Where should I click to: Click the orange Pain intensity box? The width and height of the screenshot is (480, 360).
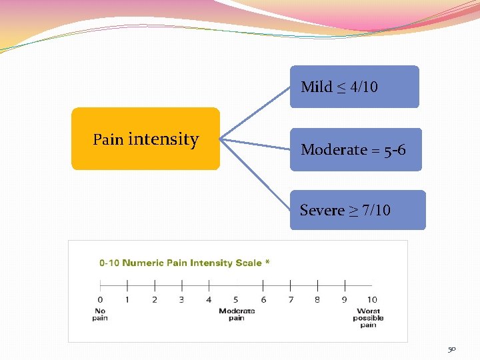tap(145, 139)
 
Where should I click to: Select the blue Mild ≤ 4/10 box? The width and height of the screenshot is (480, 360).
tap(354, 87)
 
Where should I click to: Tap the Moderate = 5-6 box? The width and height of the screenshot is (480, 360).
tap(355, 149)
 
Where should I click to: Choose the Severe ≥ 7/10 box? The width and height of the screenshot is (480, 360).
tap(357, 210)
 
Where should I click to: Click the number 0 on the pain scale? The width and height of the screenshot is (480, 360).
tap(100, 300)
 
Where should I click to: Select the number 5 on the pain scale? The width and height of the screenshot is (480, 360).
tap(236, 300)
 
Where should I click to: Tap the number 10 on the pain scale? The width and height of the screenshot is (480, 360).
tap(372, 300)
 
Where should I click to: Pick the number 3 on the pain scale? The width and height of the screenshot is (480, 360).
tap(181, 300)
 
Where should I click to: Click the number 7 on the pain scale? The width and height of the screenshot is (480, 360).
tap(291, 300)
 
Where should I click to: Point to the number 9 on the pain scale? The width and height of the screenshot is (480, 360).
tap(345, 300)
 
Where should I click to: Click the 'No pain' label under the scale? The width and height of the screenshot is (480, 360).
tap(100, 315)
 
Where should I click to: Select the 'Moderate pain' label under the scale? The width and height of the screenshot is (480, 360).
tap(237, 315)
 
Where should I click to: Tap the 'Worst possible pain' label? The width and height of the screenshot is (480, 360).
tap(369, 318)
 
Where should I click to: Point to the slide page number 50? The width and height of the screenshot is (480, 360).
tap(451, 349)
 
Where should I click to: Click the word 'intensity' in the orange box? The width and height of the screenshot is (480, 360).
tap(163, 139)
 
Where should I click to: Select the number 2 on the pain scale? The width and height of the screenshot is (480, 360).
tap(155, 300)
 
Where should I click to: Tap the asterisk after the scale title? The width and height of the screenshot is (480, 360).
tap(267, 262)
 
